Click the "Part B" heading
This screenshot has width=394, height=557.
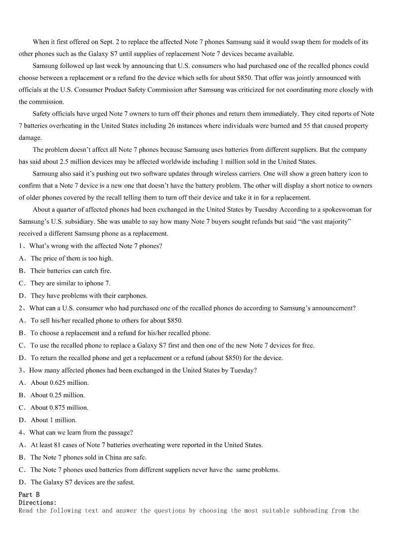tap(29, 495)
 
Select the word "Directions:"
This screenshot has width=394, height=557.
tap(38, 502)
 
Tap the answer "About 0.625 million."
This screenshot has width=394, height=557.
tap(60, 383)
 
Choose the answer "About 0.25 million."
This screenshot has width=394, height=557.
tap(58, 395)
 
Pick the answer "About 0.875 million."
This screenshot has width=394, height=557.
tap(60, 408)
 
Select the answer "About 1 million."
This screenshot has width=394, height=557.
tap(54, 420)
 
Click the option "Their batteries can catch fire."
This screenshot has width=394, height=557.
tap(70, 271)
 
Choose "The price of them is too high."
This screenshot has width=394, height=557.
tap(71, 258)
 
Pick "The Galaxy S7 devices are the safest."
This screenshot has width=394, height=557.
tap(82, 482)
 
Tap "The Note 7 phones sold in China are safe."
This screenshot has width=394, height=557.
tap(88, 457)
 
